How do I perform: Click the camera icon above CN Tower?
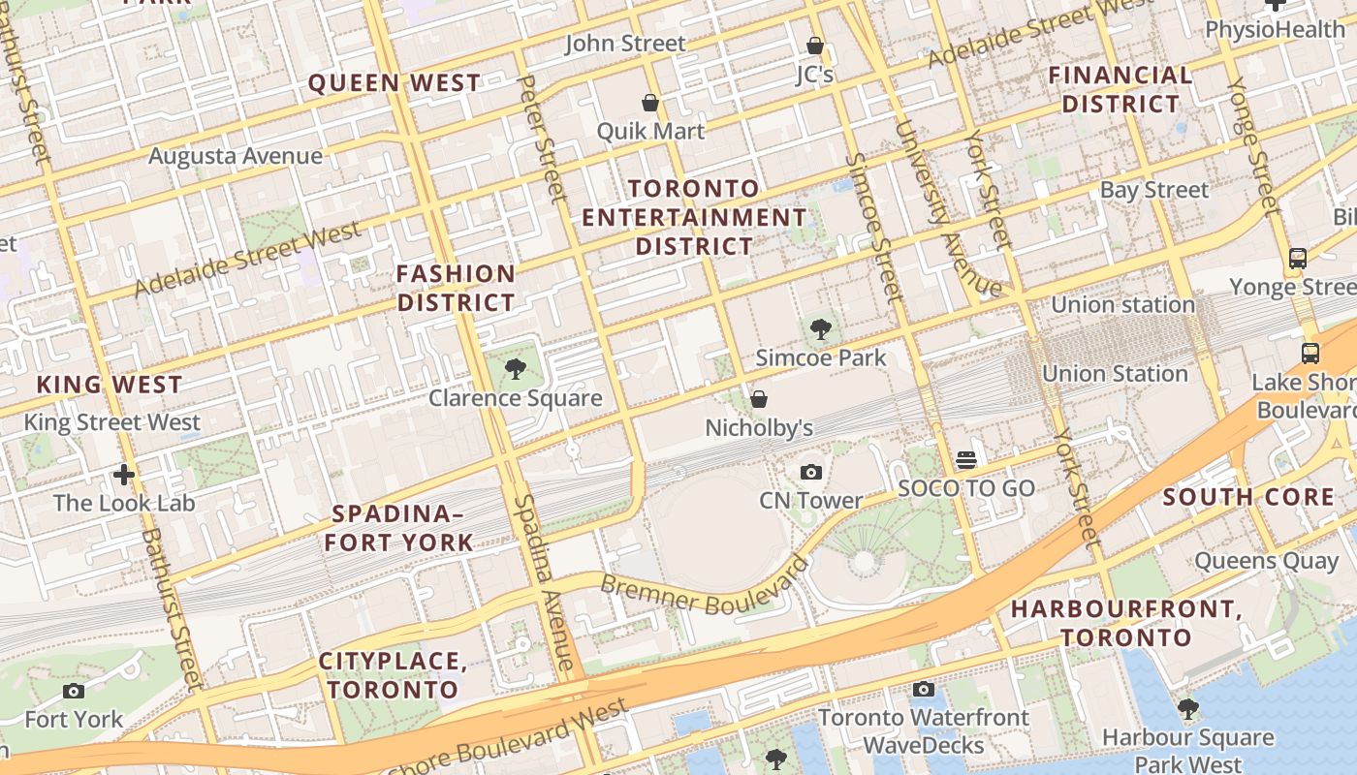tap(811, 472)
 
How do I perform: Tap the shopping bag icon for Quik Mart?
tap(650, 103)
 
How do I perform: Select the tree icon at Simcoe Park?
tap(821, 329)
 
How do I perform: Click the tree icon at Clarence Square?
tap(516, 368)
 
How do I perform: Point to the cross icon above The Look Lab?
tap(124, 475)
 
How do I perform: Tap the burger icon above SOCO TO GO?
tap(966, 459)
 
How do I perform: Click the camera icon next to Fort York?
tap(74, 691)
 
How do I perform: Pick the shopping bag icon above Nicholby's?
tap(759, 399)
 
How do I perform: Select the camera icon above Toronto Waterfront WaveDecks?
tap(924, 689)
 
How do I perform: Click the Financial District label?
tap(1120, 89)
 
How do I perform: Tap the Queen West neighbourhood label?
tap(394, 83)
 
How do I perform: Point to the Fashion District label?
tap(456, 288)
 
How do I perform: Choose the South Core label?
tap(1248, 498)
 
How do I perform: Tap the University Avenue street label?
tap(947, 208)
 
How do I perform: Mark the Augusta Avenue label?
tap(236, 156)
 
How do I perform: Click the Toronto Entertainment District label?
tap(694, 217)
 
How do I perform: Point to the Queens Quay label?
tap(1266, 561)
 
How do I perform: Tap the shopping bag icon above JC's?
tap(815, 46)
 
